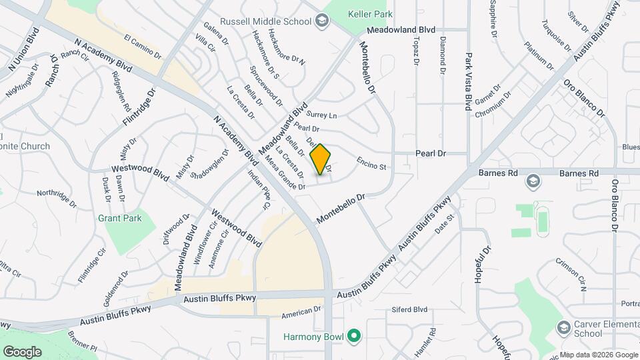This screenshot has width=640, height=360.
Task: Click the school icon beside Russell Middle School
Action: pos(323,21)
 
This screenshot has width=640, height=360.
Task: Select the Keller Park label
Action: pos(368,14)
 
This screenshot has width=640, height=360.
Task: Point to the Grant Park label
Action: pos(119,218)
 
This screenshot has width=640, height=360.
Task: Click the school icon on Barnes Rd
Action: pos(533,181)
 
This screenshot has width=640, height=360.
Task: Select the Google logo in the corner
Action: pos(22,351)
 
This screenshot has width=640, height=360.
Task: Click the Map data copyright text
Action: pos(598,354)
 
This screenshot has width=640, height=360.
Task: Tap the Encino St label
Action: pos(371,163)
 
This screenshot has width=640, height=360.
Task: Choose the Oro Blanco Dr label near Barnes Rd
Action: pos(615,204)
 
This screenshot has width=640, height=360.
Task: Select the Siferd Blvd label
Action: pos(409,309)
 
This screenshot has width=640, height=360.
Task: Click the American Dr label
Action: pos(301,311)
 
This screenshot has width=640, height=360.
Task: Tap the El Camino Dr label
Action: pos(143,45)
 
